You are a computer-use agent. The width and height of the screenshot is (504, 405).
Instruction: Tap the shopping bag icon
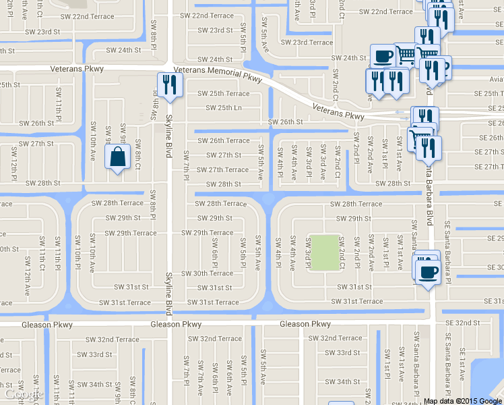(x=117, y=157)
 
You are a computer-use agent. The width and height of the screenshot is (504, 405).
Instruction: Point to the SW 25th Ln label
(x=223, y=108)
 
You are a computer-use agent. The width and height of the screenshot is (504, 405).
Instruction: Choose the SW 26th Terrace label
(x=223, y=141)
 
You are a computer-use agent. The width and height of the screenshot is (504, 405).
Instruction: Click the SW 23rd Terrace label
(x=307, y=42)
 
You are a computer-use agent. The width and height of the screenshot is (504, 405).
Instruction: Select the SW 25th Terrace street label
(x=223, y=94)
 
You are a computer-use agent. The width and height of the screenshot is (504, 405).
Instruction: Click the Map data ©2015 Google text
(x=463, y=401)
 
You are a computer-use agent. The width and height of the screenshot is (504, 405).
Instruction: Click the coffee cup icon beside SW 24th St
(x=382, y=55)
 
